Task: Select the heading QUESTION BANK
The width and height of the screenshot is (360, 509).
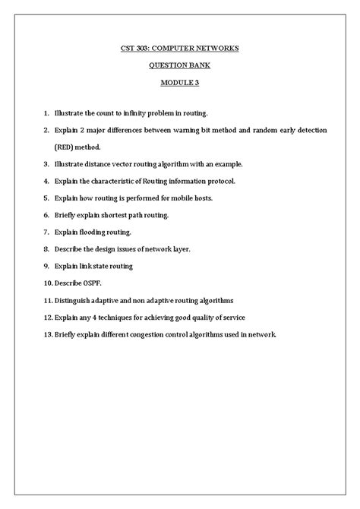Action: coord(180,65)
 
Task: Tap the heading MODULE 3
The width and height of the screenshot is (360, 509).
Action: coord(180,82)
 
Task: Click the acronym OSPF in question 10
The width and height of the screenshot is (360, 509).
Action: coord(91,283)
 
